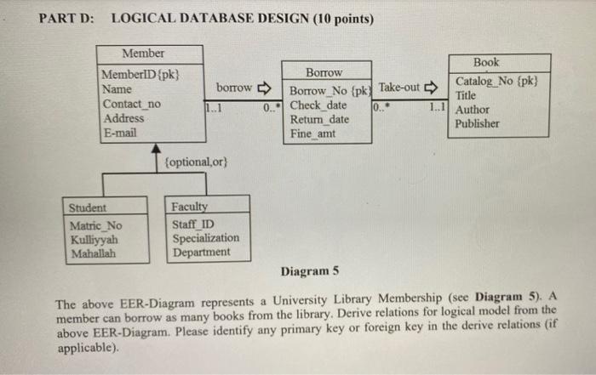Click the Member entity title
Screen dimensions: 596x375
pos(144,54)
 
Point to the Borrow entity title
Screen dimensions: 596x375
pos(324,73)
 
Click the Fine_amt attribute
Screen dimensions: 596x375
pos(313,133)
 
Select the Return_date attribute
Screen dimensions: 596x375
pos(319,119)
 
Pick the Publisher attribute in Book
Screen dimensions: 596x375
pos(478,123)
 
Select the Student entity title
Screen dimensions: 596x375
pos(88,207)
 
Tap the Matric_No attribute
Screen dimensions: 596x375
pos(96,225)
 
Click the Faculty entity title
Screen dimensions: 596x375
pos(189,207)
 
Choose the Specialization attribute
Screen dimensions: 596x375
pos(205,238)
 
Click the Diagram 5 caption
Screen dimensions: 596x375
pos(309,271)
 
